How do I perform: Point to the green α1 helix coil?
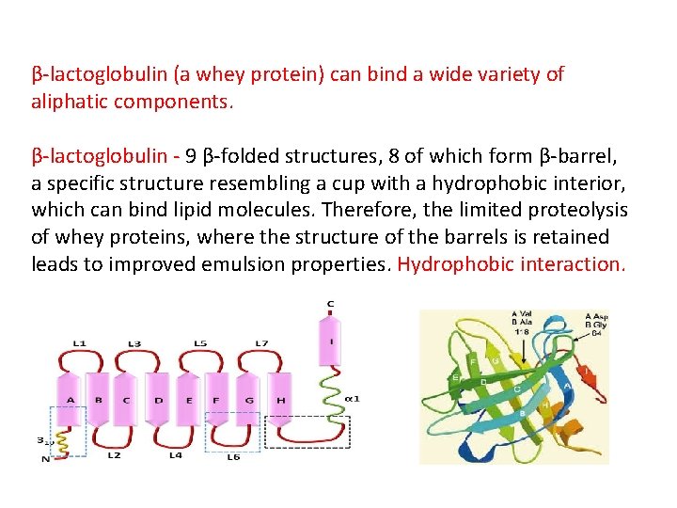pos(330,394)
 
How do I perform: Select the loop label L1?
pos(79,342)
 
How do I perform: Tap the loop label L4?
pos(175,455)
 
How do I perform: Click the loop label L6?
pos(233,456)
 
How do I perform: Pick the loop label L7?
pos(262,342)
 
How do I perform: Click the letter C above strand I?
pos(330,303)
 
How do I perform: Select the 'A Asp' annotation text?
pos(598,316)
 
